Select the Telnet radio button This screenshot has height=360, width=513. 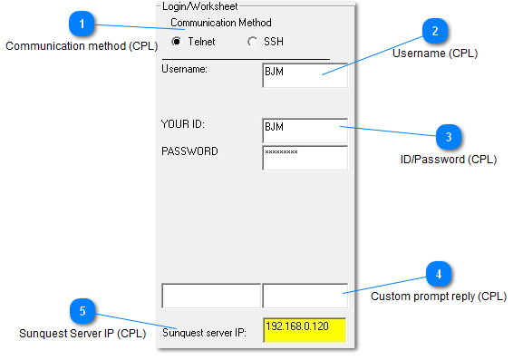click(x=176, y=42)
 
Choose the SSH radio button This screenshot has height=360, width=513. click(x=252, y=42)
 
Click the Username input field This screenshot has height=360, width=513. click(x=305, y=74)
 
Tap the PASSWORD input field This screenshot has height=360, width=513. click(x=305, y=157)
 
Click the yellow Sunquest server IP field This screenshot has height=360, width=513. click(x=305, y=329)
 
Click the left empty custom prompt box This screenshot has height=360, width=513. click(x=210, y=296)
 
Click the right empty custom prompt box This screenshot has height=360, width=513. click(x=305, y=296)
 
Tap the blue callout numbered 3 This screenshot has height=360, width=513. click(x=449, y=138)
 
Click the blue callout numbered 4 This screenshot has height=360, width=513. click(x=439, y=274)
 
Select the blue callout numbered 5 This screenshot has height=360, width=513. click(x=82, y=312)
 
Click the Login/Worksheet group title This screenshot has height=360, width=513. click(x=200, y=6)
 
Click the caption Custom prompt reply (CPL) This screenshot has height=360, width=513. click(x=439, y=296)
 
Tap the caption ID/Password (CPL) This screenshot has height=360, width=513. click(x=449, y=160)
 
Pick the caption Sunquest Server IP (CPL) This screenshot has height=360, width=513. click(x=82, y=334)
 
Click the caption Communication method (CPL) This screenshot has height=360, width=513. click(x=82, y=45)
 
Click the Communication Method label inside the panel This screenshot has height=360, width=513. click(x=220, y=23)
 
